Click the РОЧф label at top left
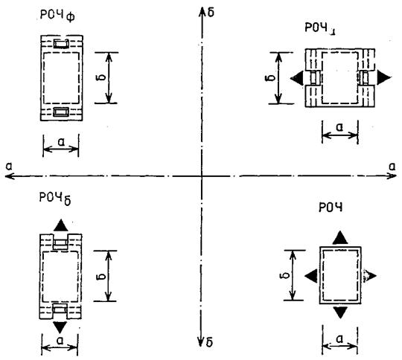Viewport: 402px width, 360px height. pos(57,16)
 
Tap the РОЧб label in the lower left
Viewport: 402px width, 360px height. pos(55,198)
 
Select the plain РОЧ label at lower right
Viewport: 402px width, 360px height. pos(331,207)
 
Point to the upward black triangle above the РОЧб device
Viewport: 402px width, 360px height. pos(61,225)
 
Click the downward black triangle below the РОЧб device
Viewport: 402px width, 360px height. pos(60,327)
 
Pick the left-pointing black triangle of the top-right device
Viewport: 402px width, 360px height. pos(297,77)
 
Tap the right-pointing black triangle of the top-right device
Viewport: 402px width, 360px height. pos(384,77)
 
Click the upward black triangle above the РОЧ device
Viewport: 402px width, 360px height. pos(340,237)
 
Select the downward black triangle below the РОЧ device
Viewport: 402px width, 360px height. pos(340,312)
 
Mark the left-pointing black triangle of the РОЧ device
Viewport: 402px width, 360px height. pos(311,276)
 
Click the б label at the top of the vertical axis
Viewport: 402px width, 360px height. pos(211,13)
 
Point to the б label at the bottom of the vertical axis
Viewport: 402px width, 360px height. pos(209,342)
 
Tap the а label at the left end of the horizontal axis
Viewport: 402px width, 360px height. pos(9,167)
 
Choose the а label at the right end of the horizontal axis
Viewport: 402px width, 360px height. pos(392,167)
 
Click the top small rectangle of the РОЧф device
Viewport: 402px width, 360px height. pos(62,44)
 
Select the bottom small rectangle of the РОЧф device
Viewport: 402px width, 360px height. pos(61,112)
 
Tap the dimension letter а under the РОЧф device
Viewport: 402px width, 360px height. pos(61,141)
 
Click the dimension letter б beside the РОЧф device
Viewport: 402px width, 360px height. pos(101,77)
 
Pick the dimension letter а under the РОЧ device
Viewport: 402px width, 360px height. pos(339,339)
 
